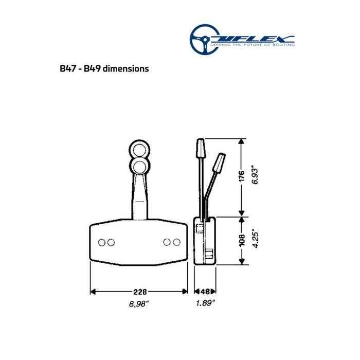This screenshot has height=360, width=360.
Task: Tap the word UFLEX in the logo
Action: [x=257, y=38]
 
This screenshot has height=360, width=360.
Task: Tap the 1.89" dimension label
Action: [x=205, y=303]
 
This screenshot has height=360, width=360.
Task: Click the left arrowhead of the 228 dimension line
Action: [x=94, y=292]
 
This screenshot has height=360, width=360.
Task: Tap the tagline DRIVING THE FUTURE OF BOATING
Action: [x=257, y=45]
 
